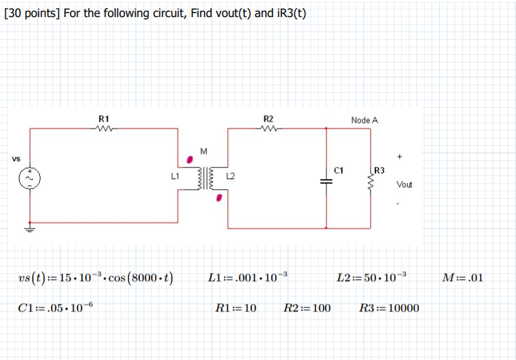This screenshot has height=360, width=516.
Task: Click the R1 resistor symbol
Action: [103, 129]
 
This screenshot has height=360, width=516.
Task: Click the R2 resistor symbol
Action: [268, 129]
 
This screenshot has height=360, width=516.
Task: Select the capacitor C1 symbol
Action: [326, 181]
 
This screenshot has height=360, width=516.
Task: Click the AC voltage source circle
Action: [28, 178]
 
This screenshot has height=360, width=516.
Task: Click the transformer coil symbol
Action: [203, 178]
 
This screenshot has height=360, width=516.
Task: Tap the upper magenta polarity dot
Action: [189, 159]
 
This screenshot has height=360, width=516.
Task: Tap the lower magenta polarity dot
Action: [219, 199]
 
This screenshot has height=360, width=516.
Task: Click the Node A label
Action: [365, 120]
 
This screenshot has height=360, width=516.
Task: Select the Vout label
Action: [404, 185]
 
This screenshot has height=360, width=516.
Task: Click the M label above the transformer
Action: [203, 151]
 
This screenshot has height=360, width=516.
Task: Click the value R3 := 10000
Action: [389, 308]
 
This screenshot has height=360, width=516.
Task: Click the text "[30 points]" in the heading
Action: [32, 13]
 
